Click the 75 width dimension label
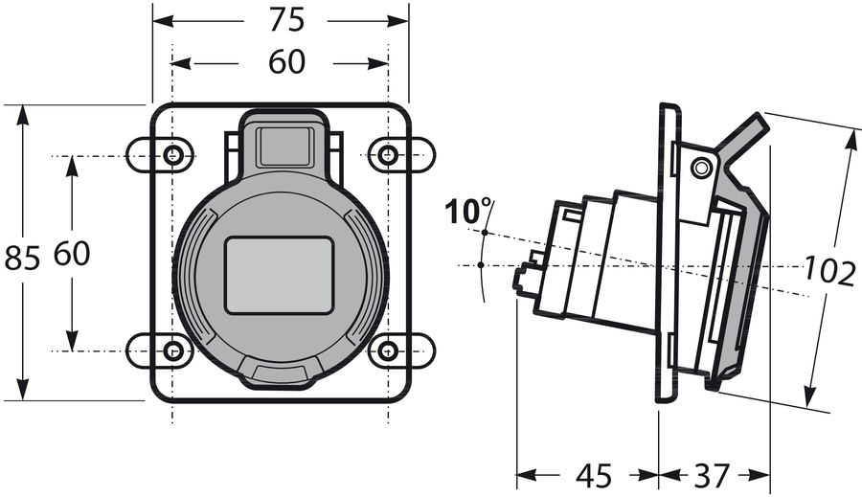286,20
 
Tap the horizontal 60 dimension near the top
286,61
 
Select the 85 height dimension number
23,258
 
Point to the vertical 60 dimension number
72,254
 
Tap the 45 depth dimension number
594,476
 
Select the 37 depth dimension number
712,476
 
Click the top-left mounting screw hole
174,155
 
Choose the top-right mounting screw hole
389,155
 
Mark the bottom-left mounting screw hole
174,350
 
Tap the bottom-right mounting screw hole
389,350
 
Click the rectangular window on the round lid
280,276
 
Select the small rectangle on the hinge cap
284,147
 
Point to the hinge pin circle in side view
700,168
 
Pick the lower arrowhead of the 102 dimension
809,396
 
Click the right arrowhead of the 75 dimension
398,21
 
